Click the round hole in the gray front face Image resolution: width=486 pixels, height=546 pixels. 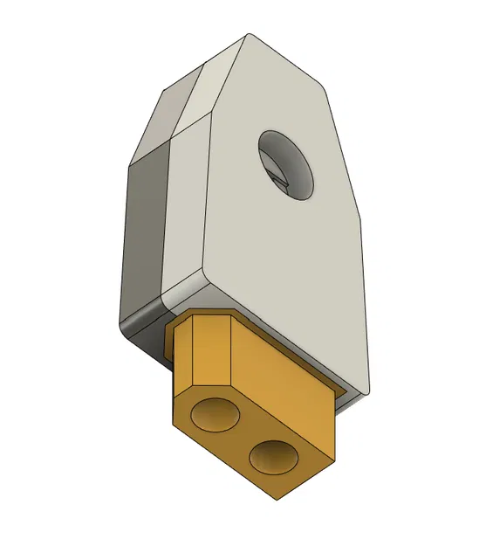pos(286,163)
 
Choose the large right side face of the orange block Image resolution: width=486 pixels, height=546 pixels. pos(279,376)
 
